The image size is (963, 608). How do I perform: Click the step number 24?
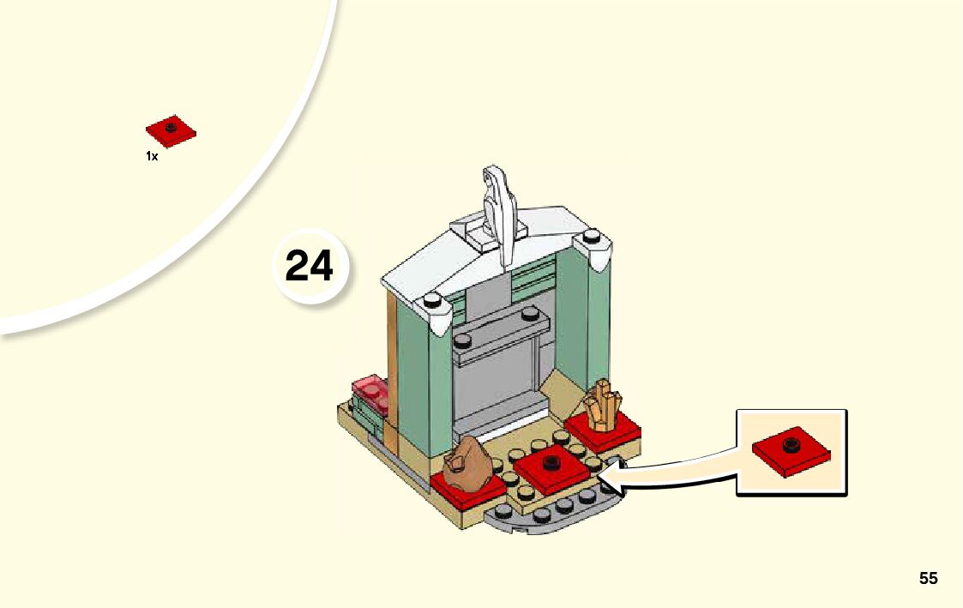point(309,266)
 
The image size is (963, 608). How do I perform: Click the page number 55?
point(928,579)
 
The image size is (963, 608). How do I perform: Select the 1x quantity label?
point(152,157)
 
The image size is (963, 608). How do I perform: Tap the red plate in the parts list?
point(171,130)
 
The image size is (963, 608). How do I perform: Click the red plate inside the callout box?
point(791,450)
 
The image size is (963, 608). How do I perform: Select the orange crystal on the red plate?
point(601,404)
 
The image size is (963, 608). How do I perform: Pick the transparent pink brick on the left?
point(370,392)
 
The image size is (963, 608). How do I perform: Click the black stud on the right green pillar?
point(591,236)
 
